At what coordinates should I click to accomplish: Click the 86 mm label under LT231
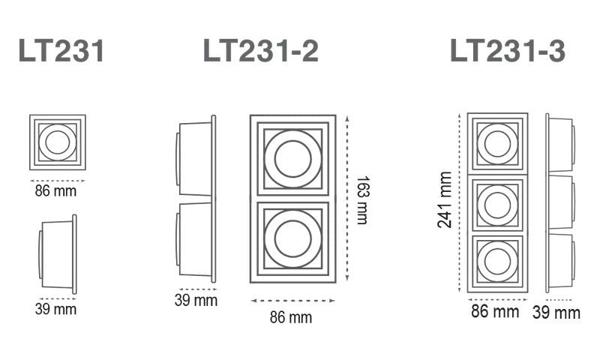(56, 190)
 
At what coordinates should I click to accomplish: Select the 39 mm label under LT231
(56, 308)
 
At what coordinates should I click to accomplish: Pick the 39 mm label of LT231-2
(196, 301)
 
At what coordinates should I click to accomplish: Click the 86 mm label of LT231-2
(291, 317)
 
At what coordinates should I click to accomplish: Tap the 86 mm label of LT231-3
(494, 311)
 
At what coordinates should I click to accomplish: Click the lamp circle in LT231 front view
(58, 142)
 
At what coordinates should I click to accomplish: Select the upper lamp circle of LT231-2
(292, 158)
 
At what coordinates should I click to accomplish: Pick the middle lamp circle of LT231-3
(496, 202)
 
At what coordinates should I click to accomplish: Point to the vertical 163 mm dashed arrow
(346, 199)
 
